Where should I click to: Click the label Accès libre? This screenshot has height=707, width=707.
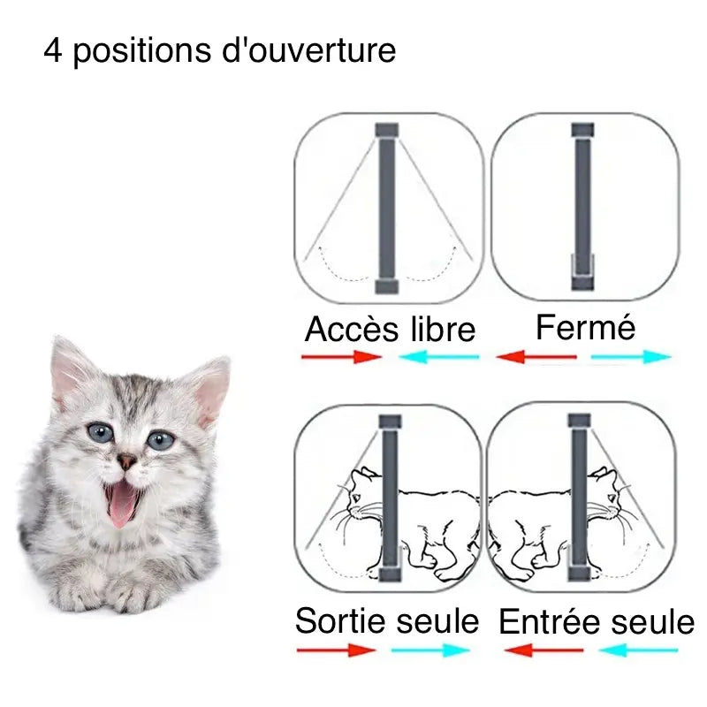[390, 330]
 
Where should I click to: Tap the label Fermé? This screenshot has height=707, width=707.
[585, 328]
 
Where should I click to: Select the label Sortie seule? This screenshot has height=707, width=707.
[386, 620]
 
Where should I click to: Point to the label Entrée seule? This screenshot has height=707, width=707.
[597, 622]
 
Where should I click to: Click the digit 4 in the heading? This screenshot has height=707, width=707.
[52, 51]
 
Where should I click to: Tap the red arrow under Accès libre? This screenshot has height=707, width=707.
[340, 357]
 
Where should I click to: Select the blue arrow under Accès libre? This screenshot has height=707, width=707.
[439, 357]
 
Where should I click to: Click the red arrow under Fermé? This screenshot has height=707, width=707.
[536, 357]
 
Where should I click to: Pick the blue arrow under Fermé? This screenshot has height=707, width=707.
[631, 357]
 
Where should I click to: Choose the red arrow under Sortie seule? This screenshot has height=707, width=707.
[337, 650]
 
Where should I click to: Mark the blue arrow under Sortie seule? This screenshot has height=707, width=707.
[430, 650]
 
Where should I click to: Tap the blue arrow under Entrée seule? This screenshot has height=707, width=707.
[638, 650]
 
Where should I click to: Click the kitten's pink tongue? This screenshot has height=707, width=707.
[122, 503]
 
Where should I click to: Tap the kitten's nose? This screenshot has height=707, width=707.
[128, 460]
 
